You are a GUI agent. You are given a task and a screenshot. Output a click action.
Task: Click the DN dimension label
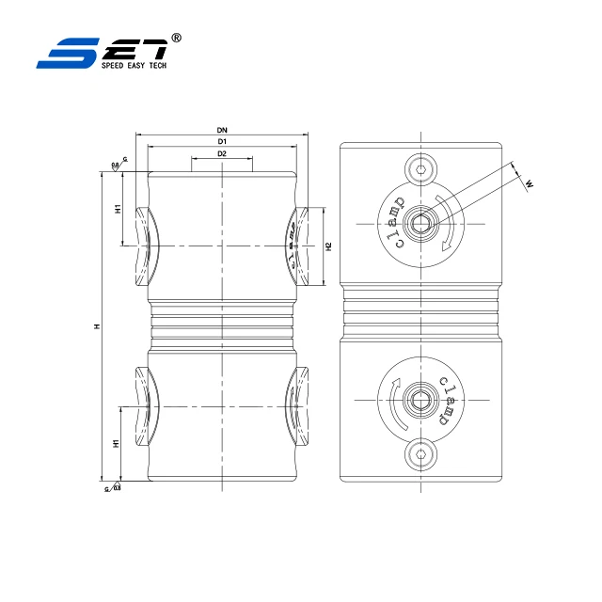[x=222, y=129]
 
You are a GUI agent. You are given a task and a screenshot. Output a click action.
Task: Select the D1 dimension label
[x=222, y=141]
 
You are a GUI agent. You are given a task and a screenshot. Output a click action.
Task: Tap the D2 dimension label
[x=222, y=153]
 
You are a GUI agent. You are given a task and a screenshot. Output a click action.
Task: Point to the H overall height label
[x=96, y=326]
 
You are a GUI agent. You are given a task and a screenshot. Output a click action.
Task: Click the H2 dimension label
[x=328, y=246]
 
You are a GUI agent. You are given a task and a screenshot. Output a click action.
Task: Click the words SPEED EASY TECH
[x=133, y=67]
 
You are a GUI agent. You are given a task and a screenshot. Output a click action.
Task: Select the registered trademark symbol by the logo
[x=177, y=38]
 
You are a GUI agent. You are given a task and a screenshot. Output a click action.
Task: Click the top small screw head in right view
[x=421, y=170]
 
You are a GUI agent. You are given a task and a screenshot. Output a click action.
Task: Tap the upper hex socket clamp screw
[x=421, y=224]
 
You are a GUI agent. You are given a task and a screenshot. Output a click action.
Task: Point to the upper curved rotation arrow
[x=449, y=224]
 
